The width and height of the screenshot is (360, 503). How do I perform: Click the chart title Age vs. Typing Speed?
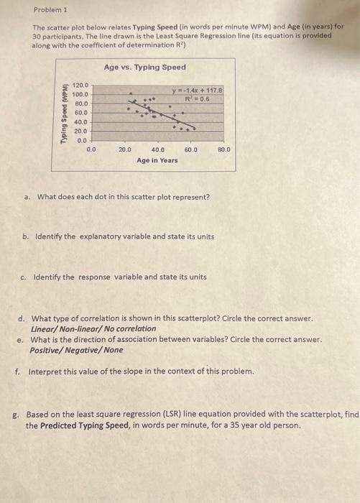coord(144,67)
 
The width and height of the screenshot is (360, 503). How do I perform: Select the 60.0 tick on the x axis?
coord(190,150)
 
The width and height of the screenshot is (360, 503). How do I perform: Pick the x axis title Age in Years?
coord(157,160)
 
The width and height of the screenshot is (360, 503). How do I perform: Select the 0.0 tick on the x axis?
coord(91,150)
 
